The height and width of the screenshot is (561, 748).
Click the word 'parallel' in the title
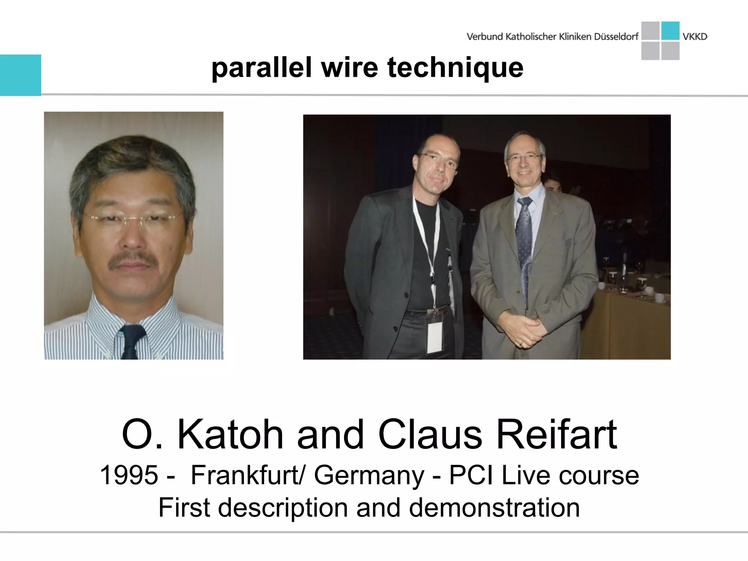click(261, 68)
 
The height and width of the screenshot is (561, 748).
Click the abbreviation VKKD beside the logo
click(695, 37)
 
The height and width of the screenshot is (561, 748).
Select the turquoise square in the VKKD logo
click(670, 31)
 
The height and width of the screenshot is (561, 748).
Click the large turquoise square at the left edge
click(20, 75)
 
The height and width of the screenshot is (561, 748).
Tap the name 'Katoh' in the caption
click(230, 435)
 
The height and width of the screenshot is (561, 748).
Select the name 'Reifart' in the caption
click(557, 435)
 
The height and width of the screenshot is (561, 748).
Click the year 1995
click(129, 475)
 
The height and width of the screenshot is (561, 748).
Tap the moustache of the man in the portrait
click(134, 260)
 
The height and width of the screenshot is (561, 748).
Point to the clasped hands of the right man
click(524, 329)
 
